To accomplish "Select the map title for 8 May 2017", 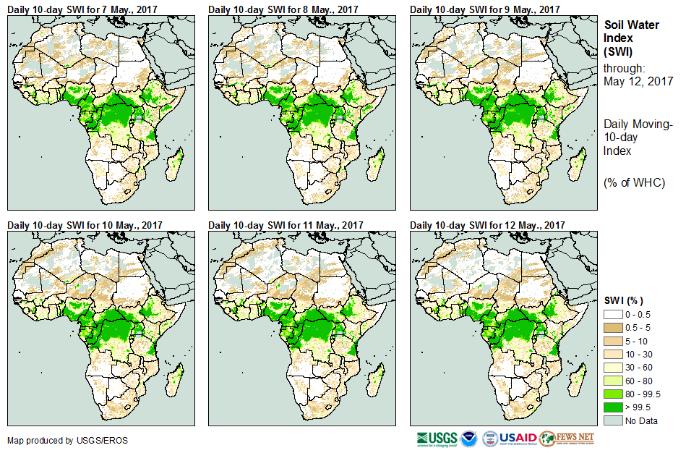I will point(283,9).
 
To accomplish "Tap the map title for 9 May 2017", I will point(485,9).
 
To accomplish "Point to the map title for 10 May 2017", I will point(85,225).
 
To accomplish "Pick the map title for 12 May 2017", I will point(487,225).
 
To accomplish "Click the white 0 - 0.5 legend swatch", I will point(614,314).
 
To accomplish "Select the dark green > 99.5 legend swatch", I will point(614,407).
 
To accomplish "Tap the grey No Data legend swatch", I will point(614,420).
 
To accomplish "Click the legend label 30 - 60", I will point(640,367).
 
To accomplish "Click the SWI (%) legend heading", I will point(623,300).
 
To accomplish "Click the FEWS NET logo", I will point(567,439).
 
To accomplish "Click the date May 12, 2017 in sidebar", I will point(638,81).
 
